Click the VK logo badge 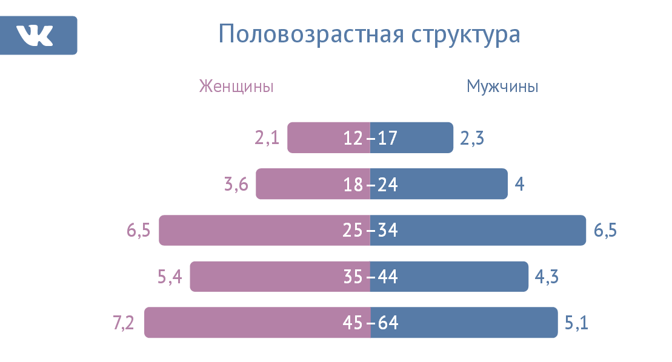coord(39,35)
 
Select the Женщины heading coord(236,87)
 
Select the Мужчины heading coord(502,87)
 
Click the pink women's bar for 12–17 coord(315,138)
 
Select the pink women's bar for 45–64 coord(242,323)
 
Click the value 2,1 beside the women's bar coord(267,138)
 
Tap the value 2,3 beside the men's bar coord(472,138)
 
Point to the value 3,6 coord(236,184)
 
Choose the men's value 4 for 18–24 coord(519,184)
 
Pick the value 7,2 coord(124,323)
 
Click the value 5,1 coord(576,323)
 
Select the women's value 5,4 coord(170,277)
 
